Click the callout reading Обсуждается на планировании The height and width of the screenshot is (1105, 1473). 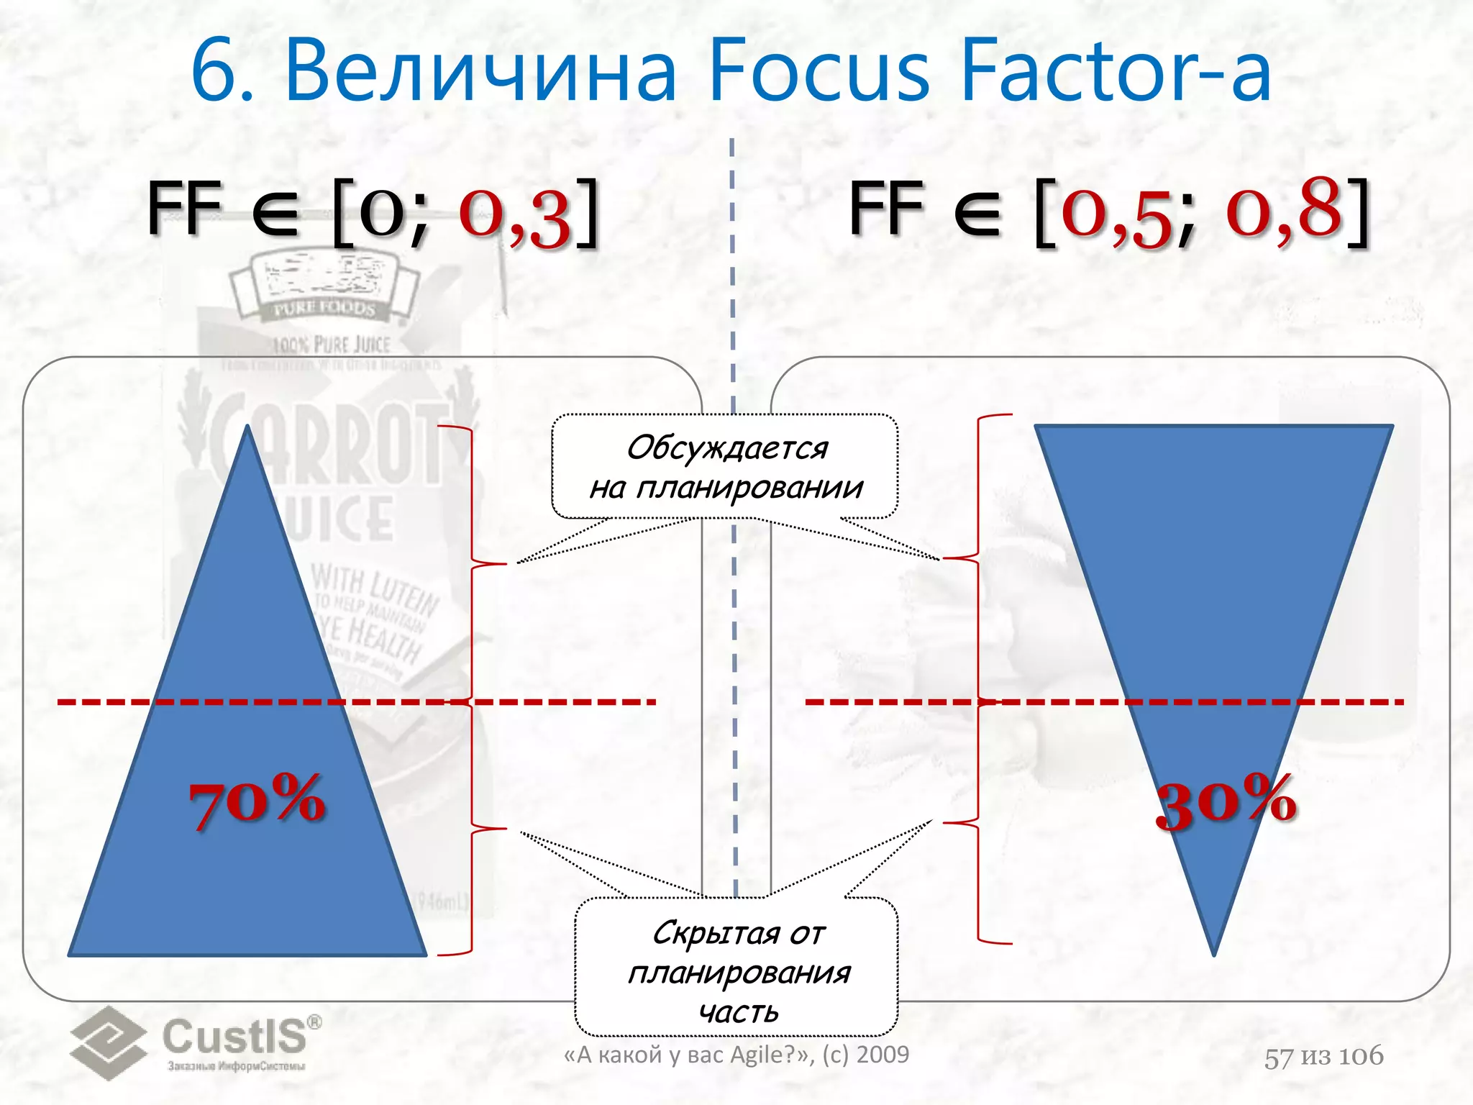coord(725,467)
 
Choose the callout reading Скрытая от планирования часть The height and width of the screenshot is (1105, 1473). coord(737,971)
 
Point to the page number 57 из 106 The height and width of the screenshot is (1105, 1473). coord(1323,1056)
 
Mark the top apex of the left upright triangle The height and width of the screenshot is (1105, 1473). coord(247,427)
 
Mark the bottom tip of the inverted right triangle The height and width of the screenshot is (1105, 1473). coord(1214,954)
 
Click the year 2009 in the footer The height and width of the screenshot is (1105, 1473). coord(883,1055)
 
